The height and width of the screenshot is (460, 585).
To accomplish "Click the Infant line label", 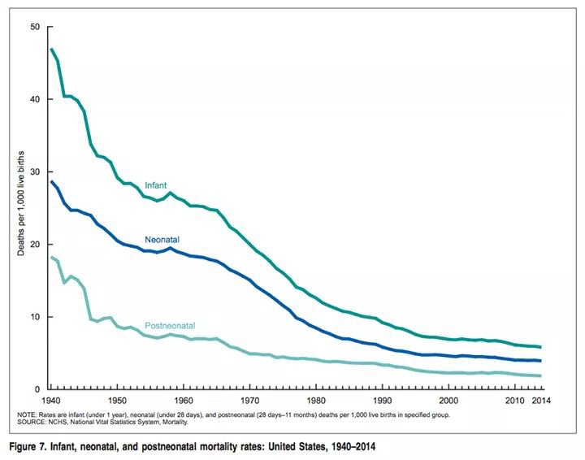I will [x=155, y=185].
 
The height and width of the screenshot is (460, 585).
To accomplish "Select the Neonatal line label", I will [x=162, y=240].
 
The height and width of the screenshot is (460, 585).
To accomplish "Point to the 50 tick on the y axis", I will [x=34, y=27].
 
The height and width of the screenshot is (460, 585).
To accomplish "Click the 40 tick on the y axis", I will [x=34, y=99].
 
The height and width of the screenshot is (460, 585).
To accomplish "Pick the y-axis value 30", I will [x=34, y=171].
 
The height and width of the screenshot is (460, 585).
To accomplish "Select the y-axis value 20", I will [x=34, y=244].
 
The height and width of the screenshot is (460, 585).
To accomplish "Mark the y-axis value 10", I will [x=34, y=316].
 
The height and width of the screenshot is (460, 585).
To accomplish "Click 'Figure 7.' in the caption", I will [x=29, y=446].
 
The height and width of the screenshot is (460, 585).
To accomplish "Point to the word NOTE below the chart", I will [x=27, y=414].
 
